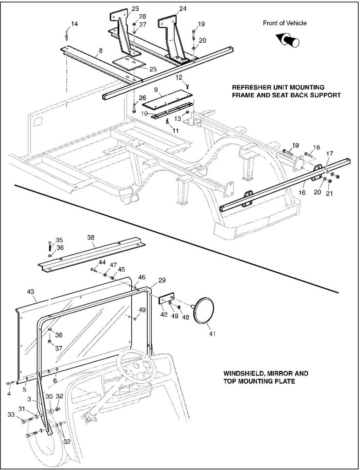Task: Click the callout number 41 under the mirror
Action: [211, 333]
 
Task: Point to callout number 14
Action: [74, 23]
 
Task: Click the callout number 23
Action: [122, 9]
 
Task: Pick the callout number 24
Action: [170, 9]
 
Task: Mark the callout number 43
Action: [31, 292]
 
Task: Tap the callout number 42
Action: [164, 314]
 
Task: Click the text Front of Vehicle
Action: [284, 23]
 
